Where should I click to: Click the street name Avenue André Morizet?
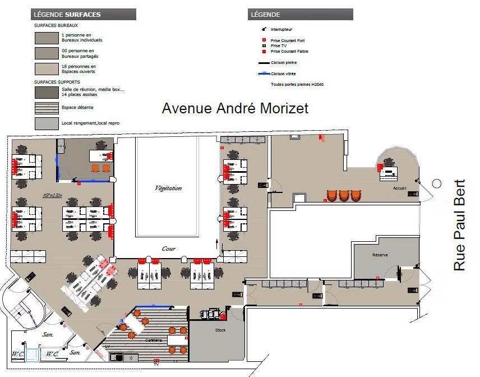click(235, 108)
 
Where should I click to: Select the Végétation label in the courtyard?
click(168, 188)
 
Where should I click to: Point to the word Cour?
click(168, 249)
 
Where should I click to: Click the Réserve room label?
click(380, 255)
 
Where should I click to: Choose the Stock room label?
click(220, 330)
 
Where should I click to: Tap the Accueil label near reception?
click(399, 188)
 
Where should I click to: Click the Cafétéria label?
click(153, 341)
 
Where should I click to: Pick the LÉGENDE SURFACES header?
click(67, 14)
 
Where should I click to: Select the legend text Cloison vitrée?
click(284, 73)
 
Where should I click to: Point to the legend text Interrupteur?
click(281, 29)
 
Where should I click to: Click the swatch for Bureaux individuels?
click(47, 38)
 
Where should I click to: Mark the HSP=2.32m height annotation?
click(35, 195)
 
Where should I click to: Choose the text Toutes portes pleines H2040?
click(297, 85)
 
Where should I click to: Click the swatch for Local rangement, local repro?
click(47, 123)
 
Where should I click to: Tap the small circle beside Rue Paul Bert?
click(437, 183)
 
